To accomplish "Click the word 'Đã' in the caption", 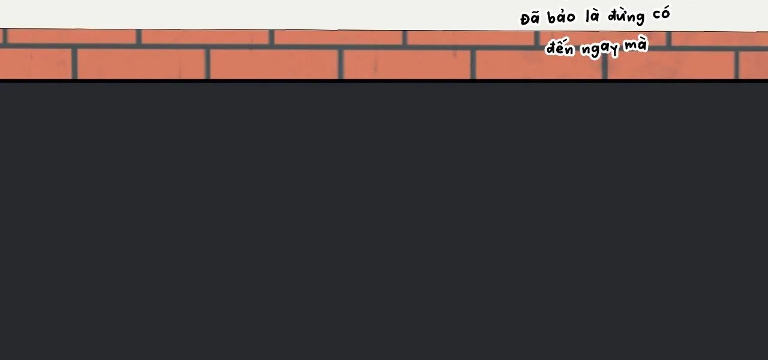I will click(530, 19).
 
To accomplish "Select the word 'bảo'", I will click(562, 17).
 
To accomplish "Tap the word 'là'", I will click(593, 16).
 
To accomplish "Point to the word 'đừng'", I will click(626, 16).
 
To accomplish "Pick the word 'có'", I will click(661, 14).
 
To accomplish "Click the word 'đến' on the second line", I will click(560, 48).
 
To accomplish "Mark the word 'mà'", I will click(636, 44).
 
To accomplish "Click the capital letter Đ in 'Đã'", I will click(526, 19).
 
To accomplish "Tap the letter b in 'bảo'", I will click(553, 17).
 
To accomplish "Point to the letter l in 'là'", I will click(589, 16).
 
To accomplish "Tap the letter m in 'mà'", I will click(631, 46).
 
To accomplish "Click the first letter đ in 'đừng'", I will click(613, 16).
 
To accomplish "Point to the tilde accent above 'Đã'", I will click(536, 13).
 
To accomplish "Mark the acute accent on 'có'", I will click(665, 8).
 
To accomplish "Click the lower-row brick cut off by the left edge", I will click(35, 63).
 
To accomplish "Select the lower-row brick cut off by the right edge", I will click(754, 65).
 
